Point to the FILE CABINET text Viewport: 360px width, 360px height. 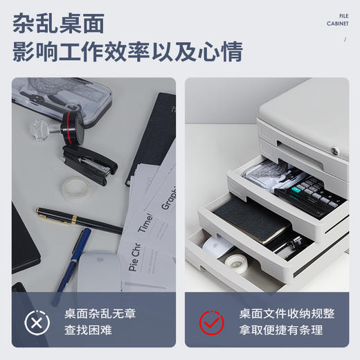point(337,19)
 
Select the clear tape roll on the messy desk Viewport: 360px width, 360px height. point(73,185)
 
